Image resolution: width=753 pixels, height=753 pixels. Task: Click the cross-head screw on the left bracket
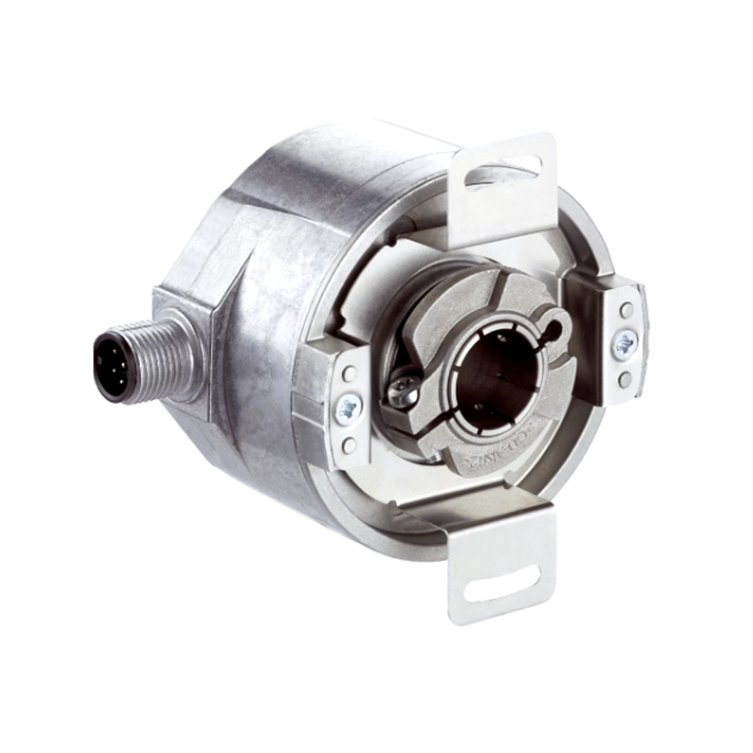[x=349, y=409]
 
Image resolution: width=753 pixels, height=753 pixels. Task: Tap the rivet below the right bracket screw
[x=624, y=380]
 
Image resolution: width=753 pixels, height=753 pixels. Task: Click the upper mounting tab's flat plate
[x=501, y=203]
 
